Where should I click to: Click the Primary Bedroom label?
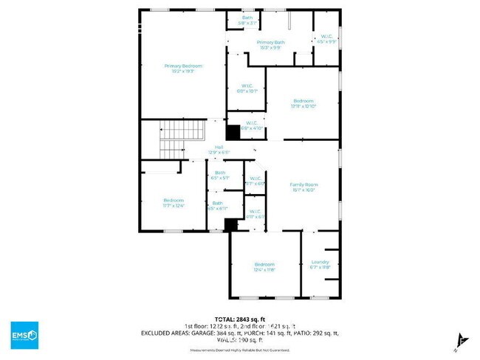coord(182,69)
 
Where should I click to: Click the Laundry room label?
coord(320,265)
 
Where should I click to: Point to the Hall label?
coord(219,150)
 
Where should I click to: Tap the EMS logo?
coord(24,335)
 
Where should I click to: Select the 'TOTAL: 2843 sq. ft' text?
coord(239,318)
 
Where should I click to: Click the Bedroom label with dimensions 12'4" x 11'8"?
coord(264,267)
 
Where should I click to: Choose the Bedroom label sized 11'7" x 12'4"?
coord(174,203)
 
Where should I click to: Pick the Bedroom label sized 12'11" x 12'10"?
coord(303,103)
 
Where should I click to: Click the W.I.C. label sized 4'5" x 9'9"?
coord(326,39)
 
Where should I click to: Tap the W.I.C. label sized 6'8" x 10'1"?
coord(246,89)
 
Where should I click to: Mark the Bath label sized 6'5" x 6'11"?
coord(218,206)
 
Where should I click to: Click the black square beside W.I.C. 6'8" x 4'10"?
coord(233,133)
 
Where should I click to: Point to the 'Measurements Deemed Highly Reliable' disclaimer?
coord(239,350)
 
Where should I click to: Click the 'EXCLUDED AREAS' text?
coord(165,333)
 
